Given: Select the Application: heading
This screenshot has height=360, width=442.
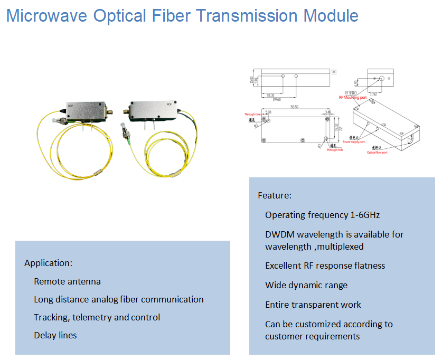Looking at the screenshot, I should click(48, 262).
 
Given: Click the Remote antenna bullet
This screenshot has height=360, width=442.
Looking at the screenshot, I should click(67, 281).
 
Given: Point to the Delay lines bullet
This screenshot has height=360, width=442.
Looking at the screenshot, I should click(55, 335).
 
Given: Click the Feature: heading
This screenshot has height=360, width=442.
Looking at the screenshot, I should click(274, 195).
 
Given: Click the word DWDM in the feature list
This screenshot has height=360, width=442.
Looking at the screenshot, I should click(278, 234).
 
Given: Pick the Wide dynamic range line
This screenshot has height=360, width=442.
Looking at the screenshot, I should click(306, 285).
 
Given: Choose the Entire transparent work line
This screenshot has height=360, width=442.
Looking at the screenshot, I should click(313, 305).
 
